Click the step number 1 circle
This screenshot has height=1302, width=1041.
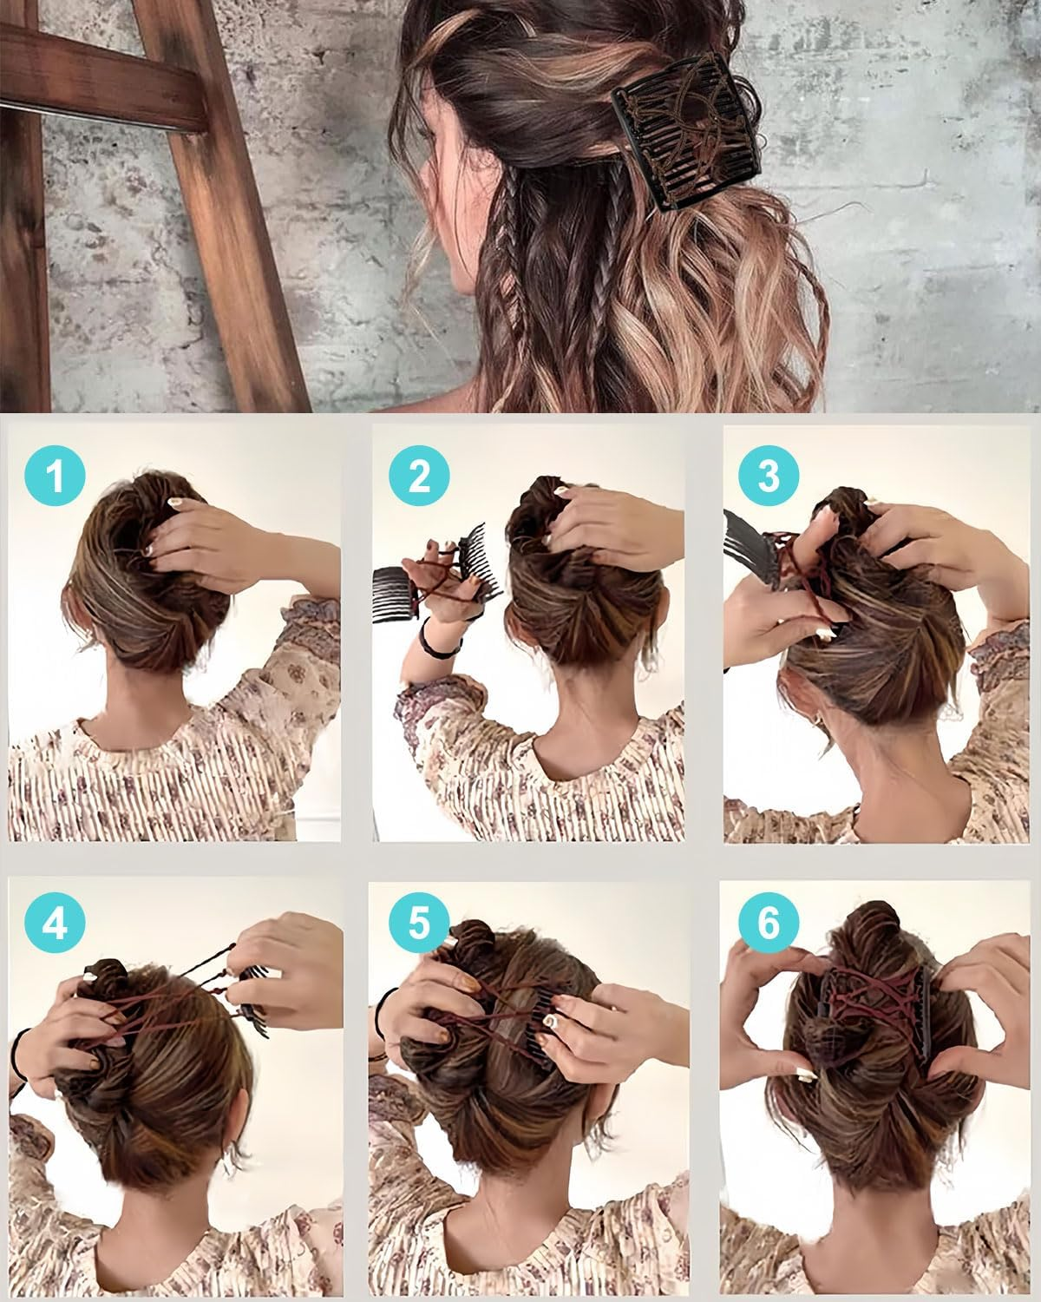(x=56, y=476)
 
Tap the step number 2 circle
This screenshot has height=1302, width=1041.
(x=419, y=476)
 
